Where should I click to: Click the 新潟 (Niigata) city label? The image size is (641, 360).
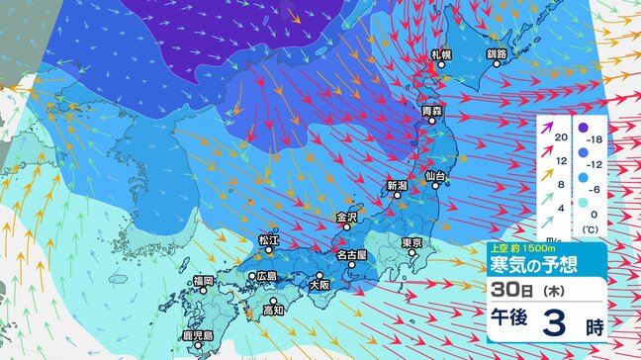pyautogui.click(x=397, y=185)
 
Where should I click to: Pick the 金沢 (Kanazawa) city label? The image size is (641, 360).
pyautogui.click(x=346, y=217)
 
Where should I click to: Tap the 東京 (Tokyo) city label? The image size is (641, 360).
pyautogui.click(x=412, y=243)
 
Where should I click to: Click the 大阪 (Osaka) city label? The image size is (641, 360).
pyautogui.click(x=320, y=284)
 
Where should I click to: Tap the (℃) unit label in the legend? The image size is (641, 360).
pyautogui.click(x=591, y=228)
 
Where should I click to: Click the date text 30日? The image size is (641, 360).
pyautogui.click(x=510, y=292)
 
